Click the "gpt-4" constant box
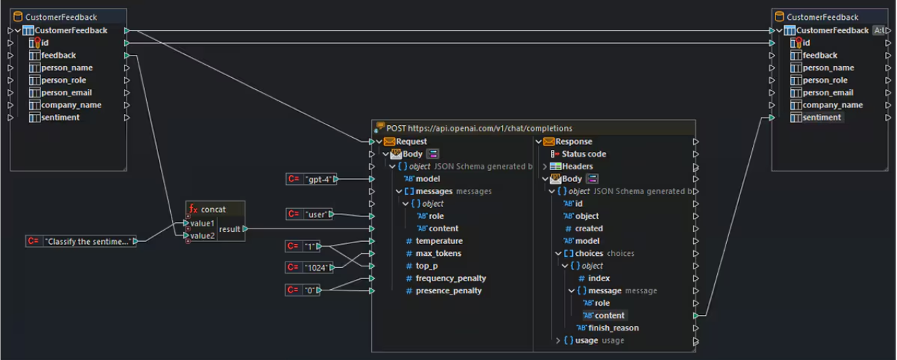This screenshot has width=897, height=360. [x=317, y=179]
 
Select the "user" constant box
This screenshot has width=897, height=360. [x=317, y=214]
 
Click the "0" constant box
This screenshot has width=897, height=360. [x=309, y=290]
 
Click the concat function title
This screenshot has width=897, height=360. [x=213, y=210]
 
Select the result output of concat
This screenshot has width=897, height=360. [x=229, y=229]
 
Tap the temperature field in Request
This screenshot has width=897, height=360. [x=439, y=241]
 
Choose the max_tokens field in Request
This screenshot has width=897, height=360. [x=439, y=254]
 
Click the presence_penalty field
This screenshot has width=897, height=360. [x=448, y=291]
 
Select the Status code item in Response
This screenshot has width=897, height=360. [x=583, y=154]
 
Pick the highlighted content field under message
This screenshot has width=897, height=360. [x=609, y=316]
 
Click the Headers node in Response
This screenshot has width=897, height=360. [x=577, y=167]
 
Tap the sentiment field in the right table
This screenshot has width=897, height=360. [x=822, y=117]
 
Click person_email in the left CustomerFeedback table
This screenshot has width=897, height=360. [x=66, y=93]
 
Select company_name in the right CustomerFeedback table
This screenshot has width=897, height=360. [x=832, y=105]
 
